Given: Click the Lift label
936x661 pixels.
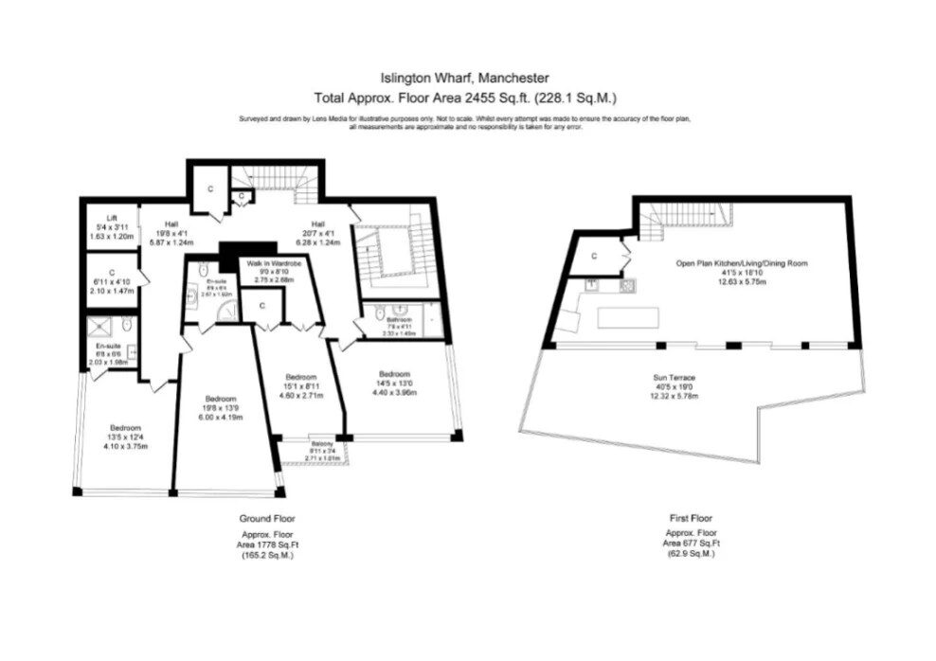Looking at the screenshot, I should coord(111,217).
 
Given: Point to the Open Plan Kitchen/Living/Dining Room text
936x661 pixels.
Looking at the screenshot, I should coord(741,262).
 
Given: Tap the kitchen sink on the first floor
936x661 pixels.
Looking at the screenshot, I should coord(591,283).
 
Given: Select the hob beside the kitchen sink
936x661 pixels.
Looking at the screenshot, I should coord(625,284).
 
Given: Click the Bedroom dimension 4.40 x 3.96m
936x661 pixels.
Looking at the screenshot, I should coord(392,391).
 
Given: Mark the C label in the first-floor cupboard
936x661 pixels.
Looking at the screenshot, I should coord(594,256).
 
